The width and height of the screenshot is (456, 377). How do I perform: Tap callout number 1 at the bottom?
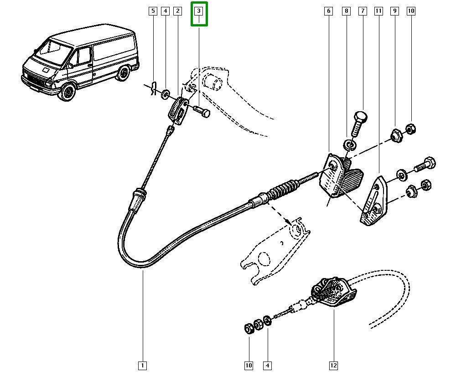pos(142,365)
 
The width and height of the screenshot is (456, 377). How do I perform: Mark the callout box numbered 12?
pos(333,365)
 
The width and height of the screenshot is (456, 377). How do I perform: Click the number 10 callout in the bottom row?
pos(249,365)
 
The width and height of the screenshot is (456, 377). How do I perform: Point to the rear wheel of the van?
pos(122,73)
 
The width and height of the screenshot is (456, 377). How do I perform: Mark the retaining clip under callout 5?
pos(154,88)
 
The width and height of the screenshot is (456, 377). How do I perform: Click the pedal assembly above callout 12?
pos(333,292)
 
